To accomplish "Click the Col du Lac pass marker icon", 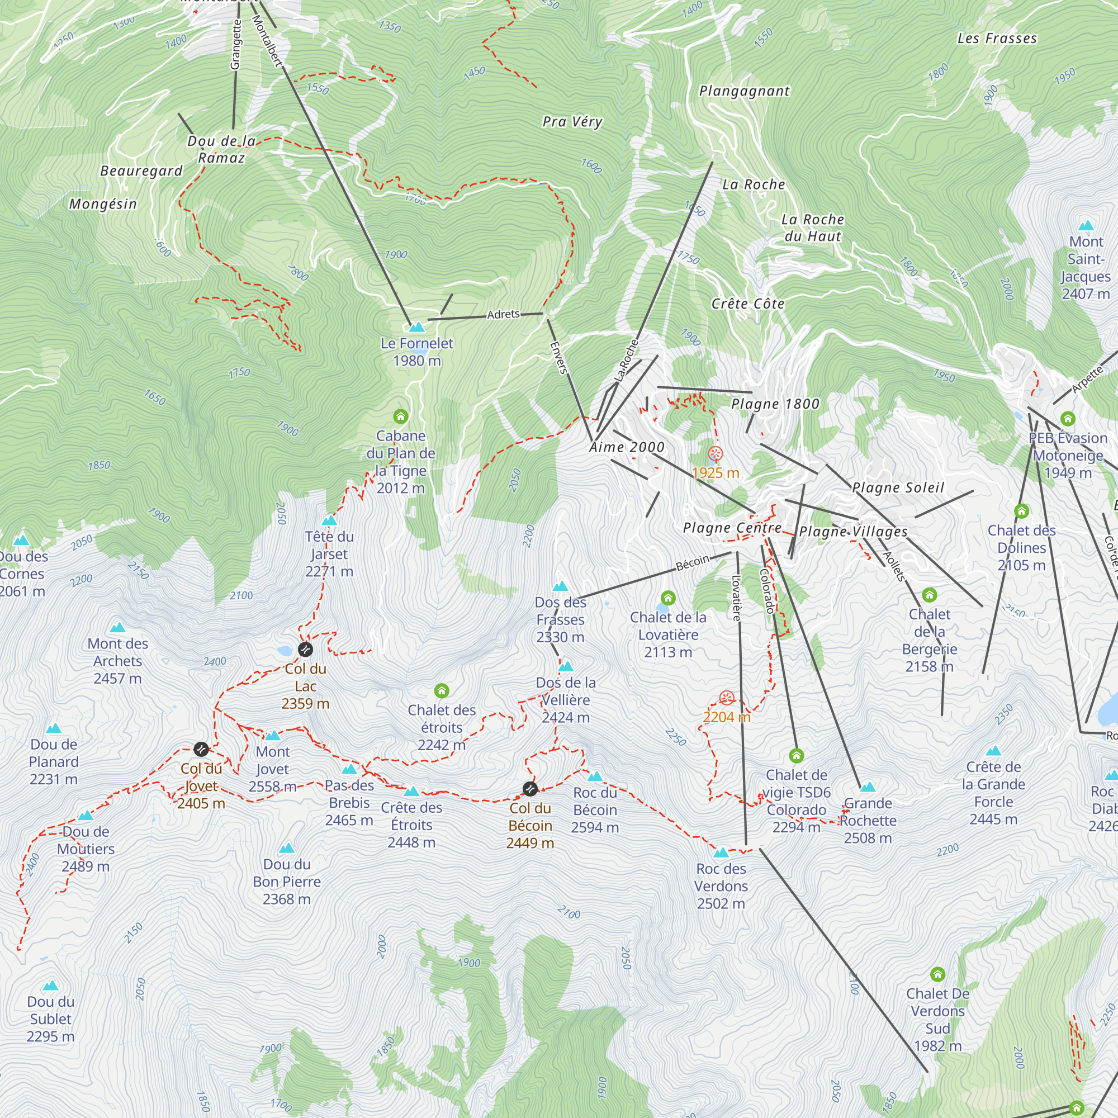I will click(x=305, y=649).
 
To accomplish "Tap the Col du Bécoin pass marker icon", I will click(x=529, y=789).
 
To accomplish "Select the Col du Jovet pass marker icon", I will click(x=201, y=750).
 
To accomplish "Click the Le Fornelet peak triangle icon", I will click(x=416, y=328).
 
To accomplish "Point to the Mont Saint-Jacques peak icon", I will click(x=1086, y=226).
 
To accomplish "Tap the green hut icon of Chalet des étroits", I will click(x=442, y=691).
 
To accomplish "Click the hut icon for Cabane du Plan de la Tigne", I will click(x=400, y=416).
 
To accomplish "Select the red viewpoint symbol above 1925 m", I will click(x=716, y=454).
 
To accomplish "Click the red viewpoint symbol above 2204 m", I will click(x=727, y=698).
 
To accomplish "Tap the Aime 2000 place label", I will click(x=627, y=447).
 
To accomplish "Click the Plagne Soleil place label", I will click(x=898, y=488).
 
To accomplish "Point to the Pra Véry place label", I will click(x=572, y=121).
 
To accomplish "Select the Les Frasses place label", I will click(x=997, y=39).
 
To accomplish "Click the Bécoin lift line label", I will click(x=693, y=562).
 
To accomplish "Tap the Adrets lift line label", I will click(x=503, y=314).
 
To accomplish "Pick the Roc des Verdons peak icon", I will click(x=721, y=852).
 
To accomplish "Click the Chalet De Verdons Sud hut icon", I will click(x=937, y=974).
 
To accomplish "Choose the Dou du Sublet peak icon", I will click(x=50, y=986).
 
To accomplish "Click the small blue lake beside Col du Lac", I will click(x=285, y=651).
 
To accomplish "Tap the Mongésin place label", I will click(x=103, y=204).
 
